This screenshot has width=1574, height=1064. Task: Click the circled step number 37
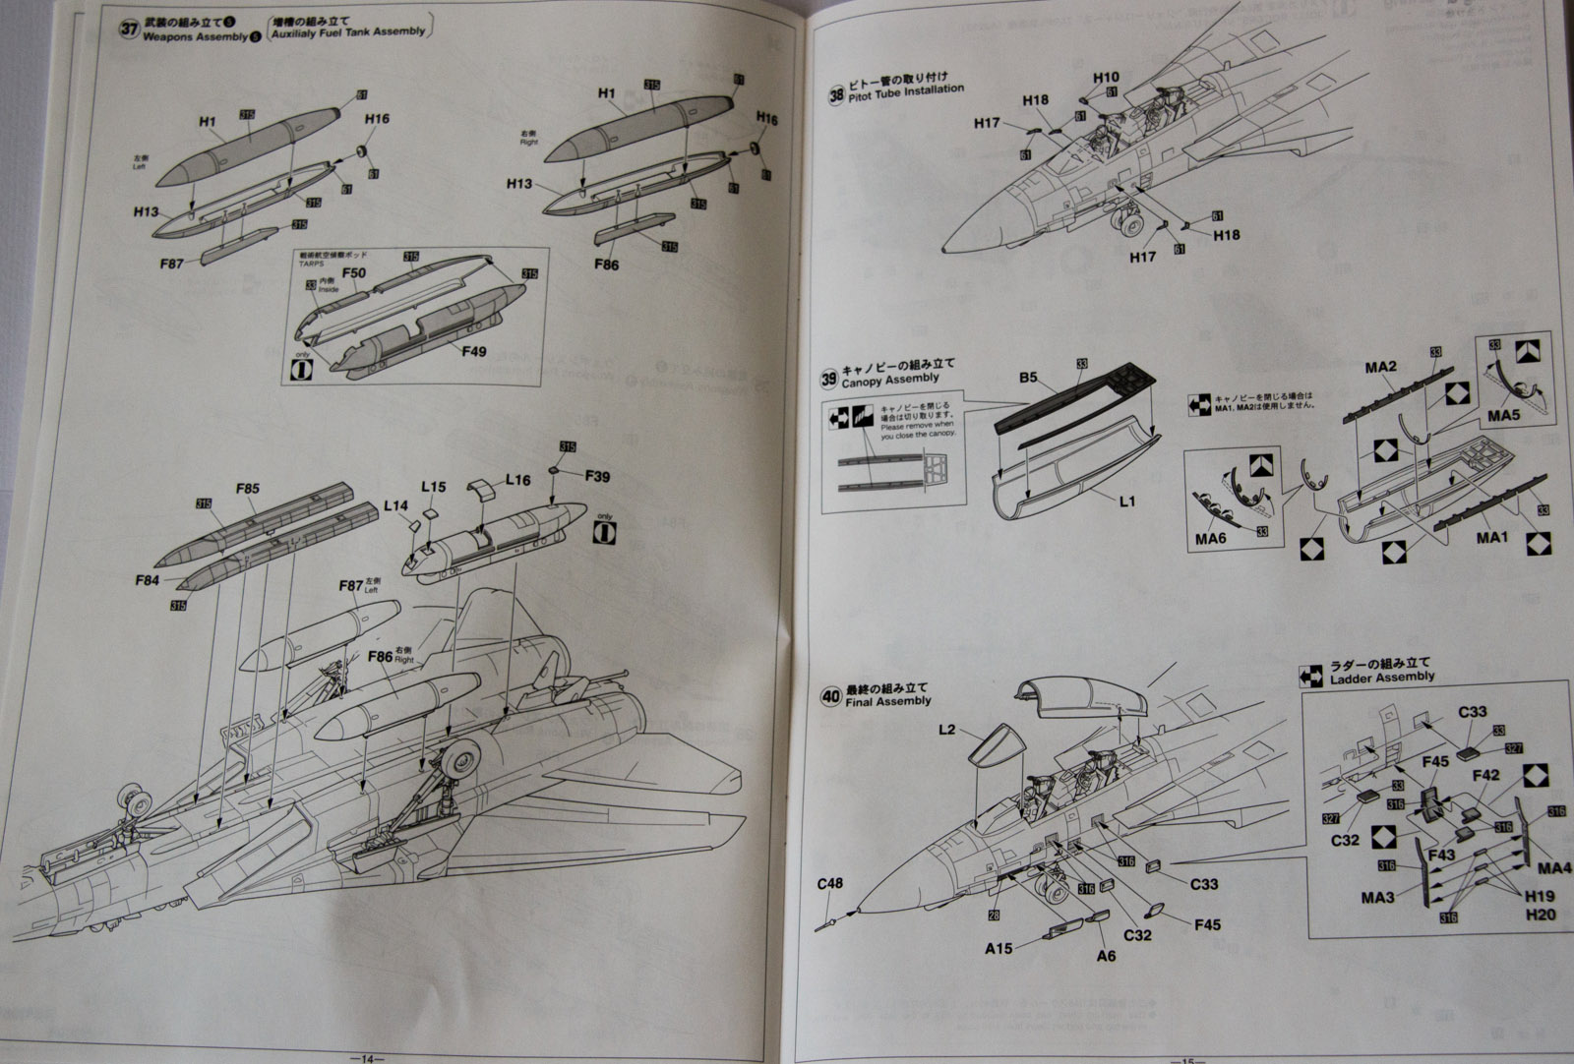pyautogui.click(x=129, y=29)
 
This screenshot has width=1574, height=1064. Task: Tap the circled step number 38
pyautogui.click(x=836, y=95)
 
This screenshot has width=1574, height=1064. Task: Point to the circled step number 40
pyautogui.click(x=830, y=696)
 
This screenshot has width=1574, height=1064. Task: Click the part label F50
pyautogui.click(x=354, y=272)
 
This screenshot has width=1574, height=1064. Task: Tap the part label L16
pyautogui.click(x=518, y=480)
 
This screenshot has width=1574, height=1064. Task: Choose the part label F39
pyautogui.click(x=597, y=476)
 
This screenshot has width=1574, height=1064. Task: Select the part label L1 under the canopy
pyautogui.click(x=1127, y=501)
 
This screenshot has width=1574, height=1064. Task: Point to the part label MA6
pyautogui.click(x=1210, y=539)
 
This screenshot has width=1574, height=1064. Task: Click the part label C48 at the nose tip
pyautogui.click(x=830, y=882)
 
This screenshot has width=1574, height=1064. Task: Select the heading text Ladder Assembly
pyautogui.click(x=1381, y=678)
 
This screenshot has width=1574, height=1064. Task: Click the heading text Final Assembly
pyautogui.click(x=889, y=701)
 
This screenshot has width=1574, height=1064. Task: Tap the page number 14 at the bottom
pyautogui.click(x=367, y=1058)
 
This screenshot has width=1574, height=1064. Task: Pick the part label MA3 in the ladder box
pyautogui.click(x=1377, y=897)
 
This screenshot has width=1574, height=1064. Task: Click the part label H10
pyautogui.click(x=1106, y=77)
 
